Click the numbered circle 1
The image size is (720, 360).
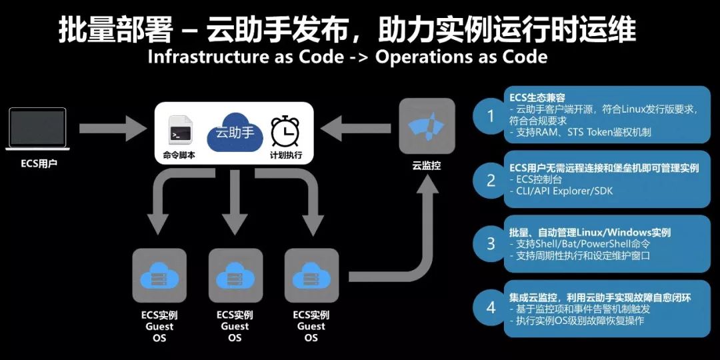click(491, 116)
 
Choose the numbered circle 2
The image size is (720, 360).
click(491, 180)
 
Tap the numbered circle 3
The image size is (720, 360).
click(491, 243)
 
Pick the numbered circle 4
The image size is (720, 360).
click(491, 307)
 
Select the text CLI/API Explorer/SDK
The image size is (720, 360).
click(564, 192)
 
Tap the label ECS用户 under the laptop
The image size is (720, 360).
click(39, 163)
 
